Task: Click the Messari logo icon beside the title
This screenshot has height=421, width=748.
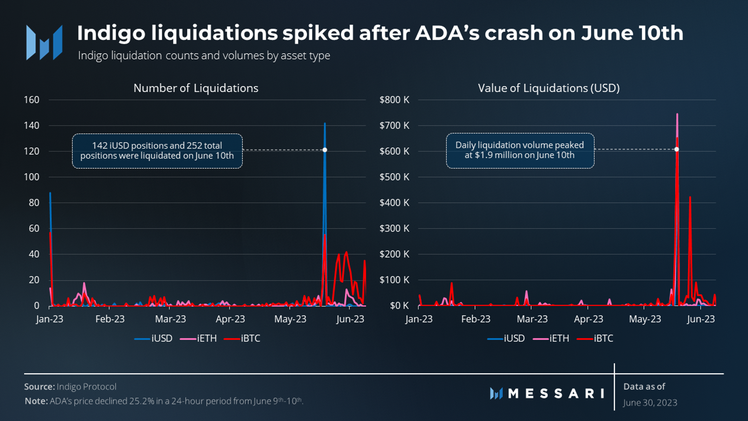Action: pos(44,42)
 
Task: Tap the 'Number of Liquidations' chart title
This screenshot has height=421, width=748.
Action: pos(196,88)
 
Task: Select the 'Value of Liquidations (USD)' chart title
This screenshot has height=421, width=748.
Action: pos(549,88)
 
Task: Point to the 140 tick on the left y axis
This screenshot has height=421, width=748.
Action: pos(31,125)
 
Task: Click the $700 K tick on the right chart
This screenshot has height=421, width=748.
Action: pos(394,125)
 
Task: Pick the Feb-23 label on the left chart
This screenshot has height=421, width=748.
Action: pos(110,319)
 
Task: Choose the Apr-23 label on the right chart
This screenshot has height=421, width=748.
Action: pos(588,319)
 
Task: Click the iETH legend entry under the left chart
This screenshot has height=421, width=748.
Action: pos(198,338)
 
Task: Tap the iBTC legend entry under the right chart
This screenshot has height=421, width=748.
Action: pos(595,338)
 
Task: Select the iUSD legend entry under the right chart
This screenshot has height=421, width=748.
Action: pos(506,338)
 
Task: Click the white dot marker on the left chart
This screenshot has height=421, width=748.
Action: pos(325,150)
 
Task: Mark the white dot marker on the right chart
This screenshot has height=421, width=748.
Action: pos(676,149)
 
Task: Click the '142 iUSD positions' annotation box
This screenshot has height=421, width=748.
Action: pos(157,151)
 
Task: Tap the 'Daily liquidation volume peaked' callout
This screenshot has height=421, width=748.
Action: pos(520,151)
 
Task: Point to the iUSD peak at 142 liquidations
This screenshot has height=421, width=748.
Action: pos(325,123)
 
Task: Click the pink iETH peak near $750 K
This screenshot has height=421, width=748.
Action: pos(677,114)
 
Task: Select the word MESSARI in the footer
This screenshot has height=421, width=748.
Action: pos(556,393)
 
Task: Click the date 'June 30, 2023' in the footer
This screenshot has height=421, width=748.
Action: pos(650,402)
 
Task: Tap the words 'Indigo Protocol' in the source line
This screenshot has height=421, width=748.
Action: pos(86,387)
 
